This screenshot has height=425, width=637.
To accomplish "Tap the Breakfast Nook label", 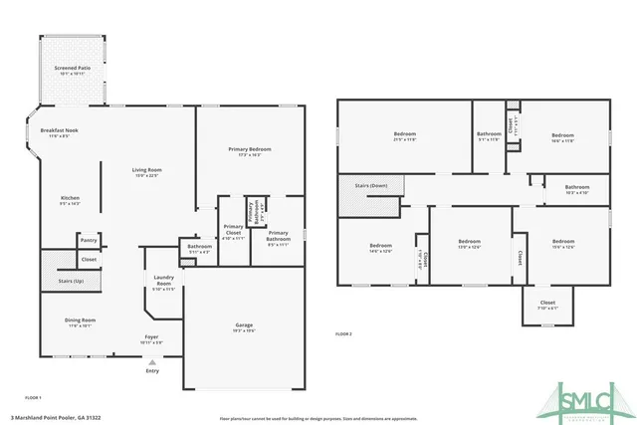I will [60, 132].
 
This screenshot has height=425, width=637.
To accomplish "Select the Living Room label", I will [146, 170].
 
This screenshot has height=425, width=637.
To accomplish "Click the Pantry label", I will [89, 240].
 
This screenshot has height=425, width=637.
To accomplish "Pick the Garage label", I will [243, 325].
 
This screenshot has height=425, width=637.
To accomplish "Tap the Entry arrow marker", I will [151, 362].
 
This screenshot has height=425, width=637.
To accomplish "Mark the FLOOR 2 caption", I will [344, 332].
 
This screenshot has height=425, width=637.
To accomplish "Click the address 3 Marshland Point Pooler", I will [70, 418].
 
